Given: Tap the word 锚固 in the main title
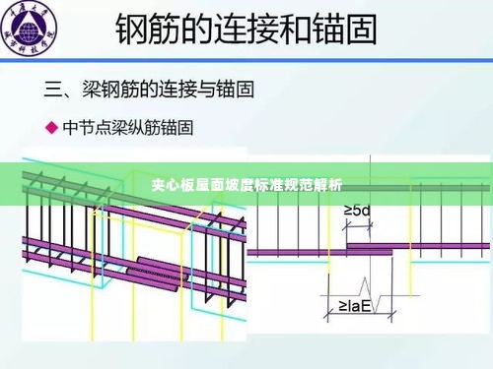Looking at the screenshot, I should (x=346, y=30).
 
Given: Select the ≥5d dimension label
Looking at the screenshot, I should (x=356, y=211).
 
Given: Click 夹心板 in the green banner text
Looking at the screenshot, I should (x=172, y=184).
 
